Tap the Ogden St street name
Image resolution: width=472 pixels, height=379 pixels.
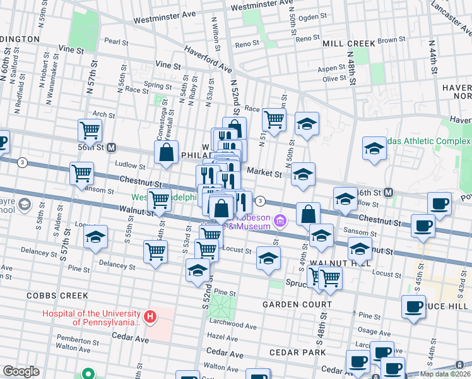[312, 17]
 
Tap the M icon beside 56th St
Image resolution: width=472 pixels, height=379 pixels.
[111, 148]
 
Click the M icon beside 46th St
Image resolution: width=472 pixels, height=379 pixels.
[389, 192]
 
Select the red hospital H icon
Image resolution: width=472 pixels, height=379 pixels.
[150, 316]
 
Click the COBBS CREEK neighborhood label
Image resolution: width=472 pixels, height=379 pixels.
[52, 295]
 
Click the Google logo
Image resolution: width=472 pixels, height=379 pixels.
[21, 371]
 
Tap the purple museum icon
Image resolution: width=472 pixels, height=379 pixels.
[280, 220]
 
